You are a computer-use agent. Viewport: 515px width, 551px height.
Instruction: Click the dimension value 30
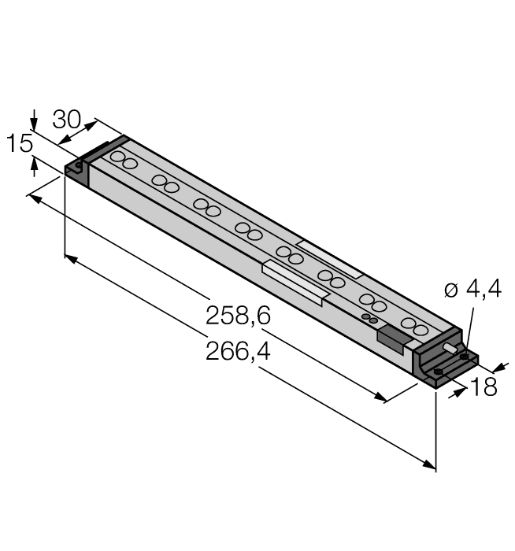(66, 120)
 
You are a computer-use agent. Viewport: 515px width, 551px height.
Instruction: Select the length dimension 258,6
(238, 316)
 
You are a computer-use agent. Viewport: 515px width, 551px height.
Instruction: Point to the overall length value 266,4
(238, 351)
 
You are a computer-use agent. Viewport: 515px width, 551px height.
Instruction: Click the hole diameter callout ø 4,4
(472, 290)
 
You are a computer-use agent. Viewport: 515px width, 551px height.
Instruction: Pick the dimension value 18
(483, 386)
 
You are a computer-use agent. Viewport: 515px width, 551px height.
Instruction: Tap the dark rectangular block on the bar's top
(393, 339)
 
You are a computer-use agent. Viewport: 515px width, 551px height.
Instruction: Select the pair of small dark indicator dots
(369, 318)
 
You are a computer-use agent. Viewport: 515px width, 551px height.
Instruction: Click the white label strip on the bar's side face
(294, 282)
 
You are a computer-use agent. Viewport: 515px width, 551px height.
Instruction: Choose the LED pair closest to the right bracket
(413, 325)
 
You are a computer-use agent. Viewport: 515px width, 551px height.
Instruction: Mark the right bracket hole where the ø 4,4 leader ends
(464, 357)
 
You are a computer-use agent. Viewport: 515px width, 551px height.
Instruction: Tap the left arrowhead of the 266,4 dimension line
(69, 258)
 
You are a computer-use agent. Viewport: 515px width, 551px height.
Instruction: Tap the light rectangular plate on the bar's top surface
(331, 257)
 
